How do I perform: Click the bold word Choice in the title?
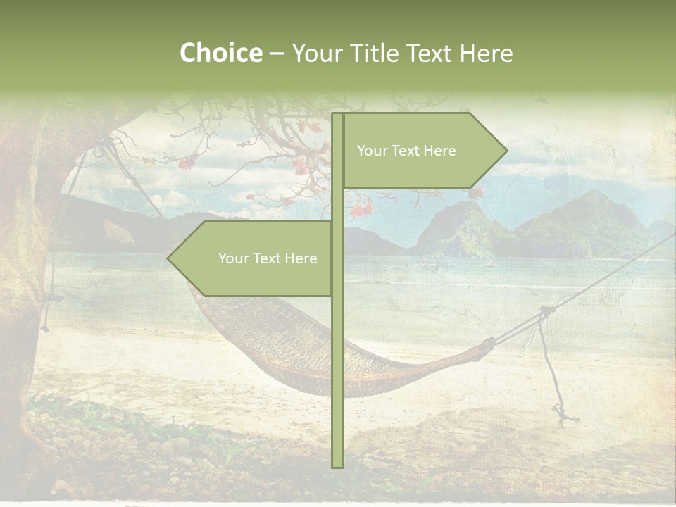click(220, 53)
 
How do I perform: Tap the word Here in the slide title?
click(485, 53)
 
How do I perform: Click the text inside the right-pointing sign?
click(406, 151)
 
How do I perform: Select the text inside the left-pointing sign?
click(268, 258)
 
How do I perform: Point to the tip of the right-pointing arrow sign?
click(506, 150)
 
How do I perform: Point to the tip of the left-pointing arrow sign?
click(168, 258)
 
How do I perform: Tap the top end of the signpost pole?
click(337, 115)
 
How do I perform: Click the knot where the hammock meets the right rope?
click(487, 344)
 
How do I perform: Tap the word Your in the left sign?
click(233, 258)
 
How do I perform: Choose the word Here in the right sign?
click(440, 151)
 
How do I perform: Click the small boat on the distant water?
click(489, 264)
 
